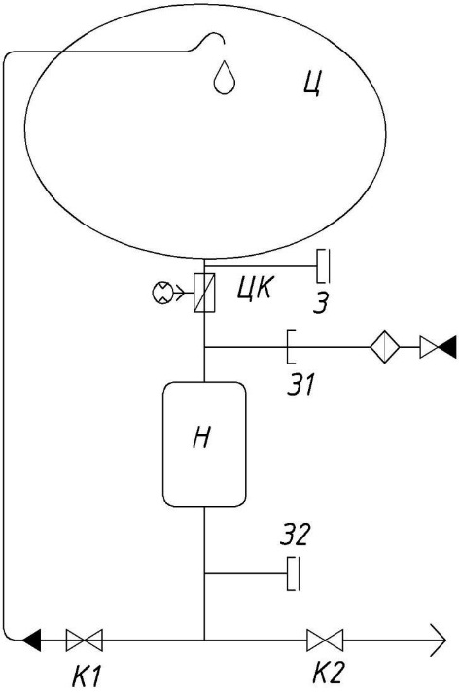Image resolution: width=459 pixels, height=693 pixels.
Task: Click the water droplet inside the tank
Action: tap(225, 78)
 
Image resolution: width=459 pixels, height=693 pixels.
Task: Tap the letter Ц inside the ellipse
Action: tap(312, 84)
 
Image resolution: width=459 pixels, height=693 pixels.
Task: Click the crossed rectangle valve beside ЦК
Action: tap(204, 293)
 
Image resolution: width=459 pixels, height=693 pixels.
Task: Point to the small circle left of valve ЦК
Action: tap(159, 293)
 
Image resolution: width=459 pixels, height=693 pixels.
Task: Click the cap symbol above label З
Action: tap(323, 266)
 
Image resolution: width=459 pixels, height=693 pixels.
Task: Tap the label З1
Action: tap(300, 384)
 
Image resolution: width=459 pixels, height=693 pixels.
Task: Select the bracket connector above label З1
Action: tap(291, 347)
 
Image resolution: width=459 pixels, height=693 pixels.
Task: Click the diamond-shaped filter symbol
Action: tap(385, 347)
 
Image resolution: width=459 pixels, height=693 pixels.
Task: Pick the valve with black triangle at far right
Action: tap(438, 347)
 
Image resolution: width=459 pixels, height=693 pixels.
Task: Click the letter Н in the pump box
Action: tap(201, 438)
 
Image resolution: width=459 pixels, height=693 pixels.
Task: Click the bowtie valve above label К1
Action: tap(84, 640)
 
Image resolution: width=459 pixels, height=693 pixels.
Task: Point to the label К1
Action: tap(88, 676)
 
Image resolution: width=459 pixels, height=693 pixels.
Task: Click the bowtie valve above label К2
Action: tap(325, 640)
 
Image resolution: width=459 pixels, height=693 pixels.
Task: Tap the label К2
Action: tap(328, 674)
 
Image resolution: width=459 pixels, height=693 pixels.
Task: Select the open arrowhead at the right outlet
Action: tap(438, 640)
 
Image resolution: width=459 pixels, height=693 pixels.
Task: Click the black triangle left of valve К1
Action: tap(32, 640)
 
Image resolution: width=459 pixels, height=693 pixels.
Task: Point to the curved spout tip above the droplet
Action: tap(224, 43)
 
